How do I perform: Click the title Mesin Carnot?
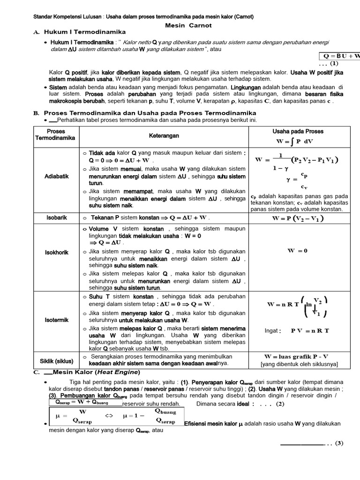[x=188, y=25]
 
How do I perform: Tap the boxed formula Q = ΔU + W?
[x=340, y=56]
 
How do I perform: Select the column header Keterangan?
[x=164, y=135]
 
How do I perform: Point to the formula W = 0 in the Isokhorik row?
[x=298, y=250]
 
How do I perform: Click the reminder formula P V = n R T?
[x=310, y=330]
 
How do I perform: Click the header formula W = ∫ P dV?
[x=295, y=140]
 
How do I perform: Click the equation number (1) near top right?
[x=333, y=63]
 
